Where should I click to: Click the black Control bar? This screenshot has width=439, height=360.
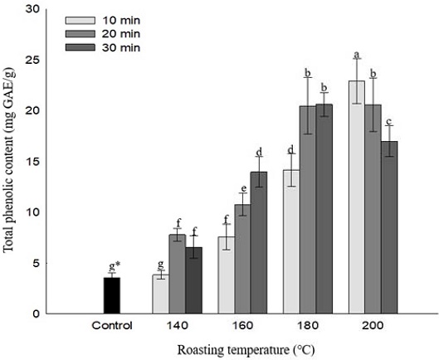tap(110, 295)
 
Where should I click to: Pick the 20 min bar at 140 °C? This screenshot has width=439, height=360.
tap(177, 275)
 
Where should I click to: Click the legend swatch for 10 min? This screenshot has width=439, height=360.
tap(77, 19)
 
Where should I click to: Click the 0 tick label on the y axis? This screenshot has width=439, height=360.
tap(37, 314)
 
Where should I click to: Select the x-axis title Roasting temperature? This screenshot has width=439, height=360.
tap(239, 349)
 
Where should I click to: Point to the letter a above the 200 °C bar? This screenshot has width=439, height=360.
tap(357, 55)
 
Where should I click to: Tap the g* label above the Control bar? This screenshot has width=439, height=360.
tap(114, 266)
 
